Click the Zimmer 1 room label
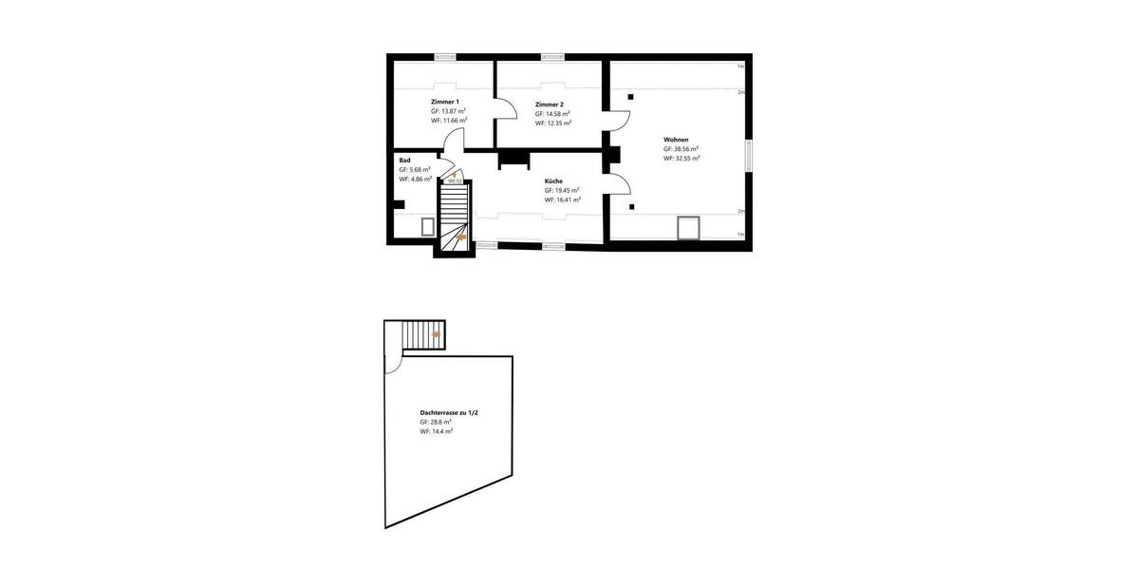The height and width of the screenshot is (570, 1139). click(445, 102)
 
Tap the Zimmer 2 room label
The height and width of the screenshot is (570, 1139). click(550, 104)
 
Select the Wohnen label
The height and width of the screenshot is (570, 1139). click(676, 140)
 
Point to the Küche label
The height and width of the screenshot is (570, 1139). click(554, 180)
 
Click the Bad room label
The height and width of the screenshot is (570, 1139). click(404, 161)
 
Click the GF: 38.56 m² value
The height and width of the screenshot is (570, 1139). click(682, 149)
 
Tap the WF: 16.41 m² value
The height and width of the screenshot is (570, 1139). click(562, 199)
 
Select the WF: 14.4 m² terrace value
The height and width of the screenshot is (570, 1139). click(437, 431)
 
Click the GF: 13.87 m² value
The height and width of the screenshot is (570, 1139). click(448, 111)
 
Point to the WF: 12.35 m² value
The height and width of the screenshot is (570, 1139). click(552, 123)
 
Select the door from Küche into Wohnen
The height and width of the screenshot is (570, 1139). click(617, 186)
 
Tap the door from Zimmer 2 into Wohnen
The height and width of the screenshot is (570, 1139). click(618, 121)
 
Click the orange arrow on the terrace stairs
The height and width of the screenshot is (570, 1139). click(436, 334)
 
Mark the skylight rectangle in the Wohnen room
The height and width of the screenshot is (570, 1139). click(688, 228)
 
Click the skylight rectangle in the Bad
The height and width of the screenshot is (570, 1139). click(428, 227)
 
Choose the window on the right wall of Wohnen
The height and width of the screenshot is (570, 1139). click(749, 156)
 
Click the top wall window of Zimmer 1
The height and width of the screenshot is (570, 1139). click(445, 57)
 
